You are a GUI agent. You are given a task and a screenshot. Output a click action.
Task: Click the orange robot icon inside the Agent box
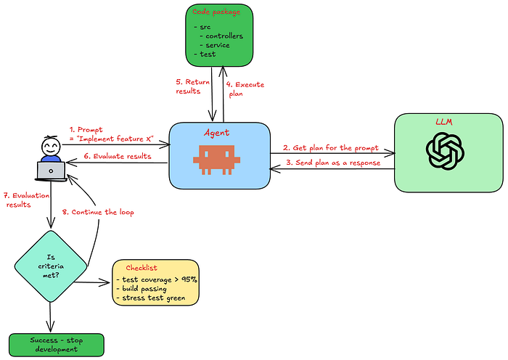[x=216, y=160]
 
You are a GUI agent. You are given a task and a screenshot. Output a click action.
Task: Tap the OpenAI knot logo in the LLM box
[x=445, y=151]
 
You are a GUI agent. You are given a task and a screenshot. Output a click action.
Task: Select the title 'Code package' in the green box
[x=216, y=12]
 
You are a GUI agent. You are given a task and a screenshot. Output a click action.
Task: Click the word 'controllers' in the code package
[x=224, y=36]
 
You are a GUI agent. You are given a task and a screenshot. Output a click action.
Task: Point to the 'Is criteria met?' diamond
[x=51, y=266]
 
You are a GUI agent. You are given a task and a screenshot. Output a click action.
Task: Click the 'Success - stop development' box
[x=57, y=345]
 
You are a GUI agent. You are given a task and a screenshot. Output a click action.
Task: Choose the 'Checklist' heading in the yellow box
[x=142, y=268]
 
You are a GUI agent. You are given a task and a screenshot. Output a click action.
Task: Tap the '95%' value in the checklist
[x=189, y=279]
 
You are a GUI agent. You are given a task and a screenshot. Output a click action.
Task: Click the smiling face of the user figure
[x=51, y=147]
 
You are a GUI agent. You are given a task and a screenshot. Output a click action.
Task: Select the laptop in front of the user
[x=51, y=171]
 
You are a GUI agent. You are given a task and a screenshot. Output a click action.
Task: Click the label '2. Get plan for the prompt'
[x=331, y=148]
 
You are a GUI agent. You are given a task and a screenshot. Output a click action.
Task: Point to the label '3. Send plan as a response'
[x=333, y=163]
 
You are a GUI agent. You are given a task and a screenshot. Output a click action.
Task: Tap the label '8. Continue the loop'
[x=98, y=212]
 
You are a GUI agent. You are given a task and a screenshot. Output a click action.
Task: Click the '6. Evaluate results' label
[x=118, y=156]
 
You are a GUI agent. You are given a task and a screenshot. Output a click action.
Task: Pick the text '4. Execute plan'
[x=245, y=89]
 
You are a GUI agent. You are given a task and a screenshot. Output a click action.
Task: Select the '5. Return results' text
[x=193, y=86]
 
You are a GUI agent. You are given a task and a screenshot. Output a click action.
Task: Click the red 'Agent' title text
[x=216, y=133]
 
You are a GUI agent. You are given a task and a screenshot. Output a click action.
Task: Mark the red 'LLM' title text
[x=444, y=122]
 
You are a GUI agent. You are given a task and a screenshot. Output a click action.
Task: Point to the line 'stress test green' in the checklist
[x=151, y=298]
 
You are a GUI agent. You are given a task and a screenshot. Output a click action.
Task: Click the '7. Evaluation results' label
[x=27, y=200]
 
